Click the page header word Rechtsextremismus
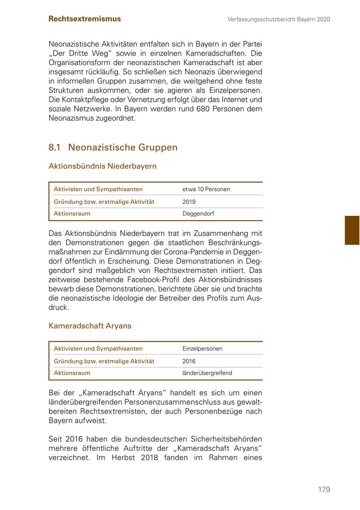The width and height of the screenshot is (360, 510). pyautogui.click(x=84, y=19)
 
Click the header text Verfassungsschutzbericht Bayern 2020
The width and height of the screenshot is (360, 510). pyautogui.click(x=279, y=19)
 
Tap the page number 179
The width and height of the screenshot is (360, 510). pyautogui.click(x=324, y=490)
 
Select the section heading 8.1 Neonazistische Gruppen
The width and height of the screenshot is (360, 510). pyautogui.click(x=113, y=147)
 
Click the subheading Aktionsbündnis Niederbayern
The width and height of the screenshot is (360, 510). pyautogui.click(x=102, y=166)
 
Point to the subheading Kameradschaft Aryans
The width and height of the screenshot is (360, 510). pyautogui.click(x=90, y=326)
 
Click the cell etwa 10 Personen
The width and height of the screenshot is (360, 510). pyautogui.click(x=206, y=189)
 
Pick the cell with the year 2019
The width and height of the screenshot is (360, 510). pyautogui.click(x=189, y=202)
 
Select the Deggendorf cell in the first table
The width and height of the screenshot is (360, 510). pyautogui.click(x=198, y=213)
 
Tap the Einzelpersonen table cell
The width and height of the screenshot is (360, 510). pyautogui.click(x=202, y=349)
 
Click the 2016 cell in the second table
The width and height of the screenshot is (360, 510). pyautogui.click(x=189, y=361)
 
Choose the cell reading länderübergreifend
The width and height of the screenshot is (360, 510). pyautogui.click(x=207, y=373)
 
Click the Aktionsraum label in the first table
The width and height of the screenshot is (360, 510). pyautogui.click(x=72, y=213)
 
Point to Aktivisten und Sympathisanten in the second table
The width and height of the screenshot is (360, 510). pyautogui.click(x=98, y=349)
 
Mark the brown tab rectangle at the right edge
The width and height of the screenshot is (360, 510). pyautogui.click(x=352, y=230)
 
